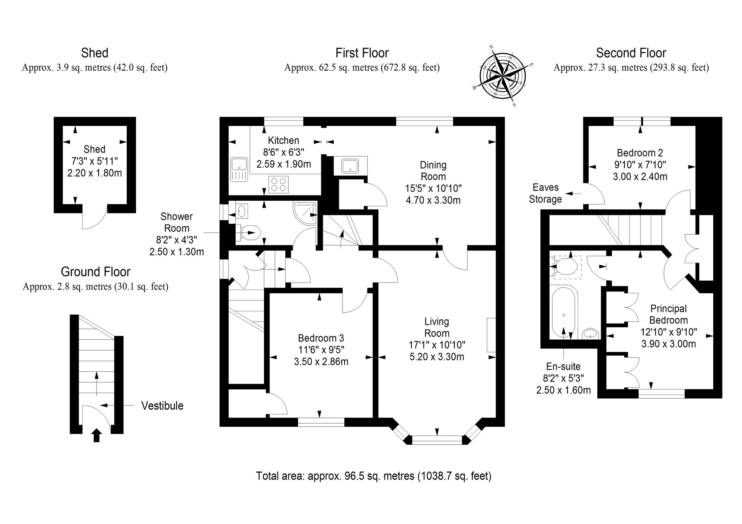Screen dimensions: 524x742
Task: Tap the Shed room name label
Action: [94, 149]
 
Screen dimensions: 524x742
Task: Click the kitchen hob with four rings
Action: [279, 185]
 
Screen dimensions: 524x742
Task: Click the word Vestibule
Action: [162, 406]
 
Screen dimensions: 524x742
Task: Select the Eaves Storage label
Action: [545, 193]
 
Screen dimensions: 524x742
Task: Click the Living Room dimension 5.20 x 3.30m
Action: [437, 357]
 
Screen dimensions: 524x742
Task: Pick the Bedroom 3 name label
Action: [321, 338]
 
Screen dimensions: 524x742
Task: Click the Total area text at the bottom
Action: [373, 476]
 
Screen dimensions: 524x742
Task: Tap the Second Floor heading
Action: [631, 53]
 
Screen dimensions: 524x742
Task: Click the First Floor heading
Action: [362, 53]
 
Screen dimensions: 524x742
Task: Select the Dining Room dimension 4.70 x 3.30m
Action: [433, 200]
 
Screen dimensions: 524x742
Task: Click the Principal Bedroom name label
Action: [668, 314]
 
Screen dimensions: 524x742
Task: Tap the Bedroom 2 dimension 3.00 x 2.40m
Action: [640, 177]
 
